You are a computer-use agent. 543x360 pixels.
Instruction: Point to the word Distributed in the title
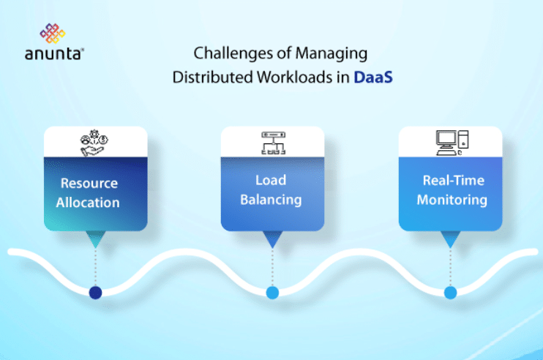click(x=206, y=77)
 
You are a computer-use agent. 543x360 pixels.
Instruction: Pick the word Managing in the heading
click(x=337, y=53)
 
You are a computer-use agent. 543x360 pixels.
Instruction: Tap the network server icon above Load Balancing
click(x=272, y=141)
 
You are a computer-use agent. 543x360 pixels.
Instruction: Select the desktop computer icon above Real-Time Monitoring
click(x=450, y=141)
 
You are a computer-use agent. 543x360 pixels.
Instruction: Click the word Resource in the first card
click(x=89, y=183)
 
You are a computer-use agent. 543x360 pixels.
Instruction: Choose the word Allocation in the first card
click(x=88, y=201)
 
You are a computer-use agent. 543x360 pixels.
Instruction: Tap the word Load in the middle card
click(x=271, y=180)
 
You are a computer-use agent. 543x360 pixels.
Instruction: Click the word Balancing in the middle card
click(x=271, y=199)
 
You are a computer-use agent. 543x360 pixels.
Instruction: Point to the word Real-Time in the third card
click(x=453, y=180)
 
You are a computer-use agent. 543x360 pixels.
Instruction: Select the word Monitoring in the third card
click(x=452, y=199)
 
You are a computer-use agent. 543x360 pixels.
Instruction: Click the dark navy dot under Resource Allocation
click(x=95, y=293)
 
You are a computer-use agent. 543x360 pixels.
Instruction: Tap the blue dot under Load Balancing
click(x=272, y=293)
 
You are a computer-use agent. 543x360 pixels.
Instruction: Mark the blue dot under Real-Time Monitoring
click(x=450, y=293)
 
